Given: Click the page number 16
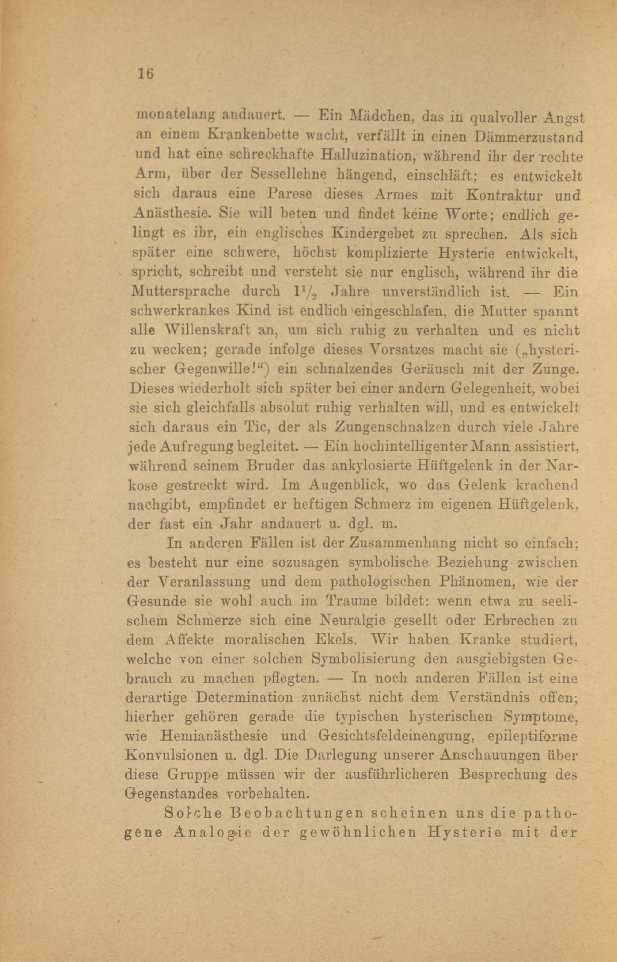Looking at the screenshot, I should [x=145, y=74].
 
